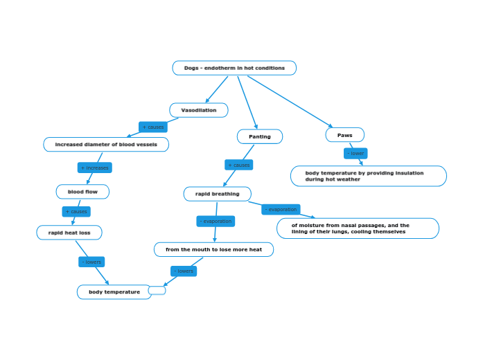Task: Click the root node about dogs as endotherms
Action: [234, 68]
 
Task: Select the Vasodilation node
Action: [199, 110]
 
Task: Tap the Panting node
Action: [260, 136]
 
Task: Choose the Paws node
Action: [344, 135]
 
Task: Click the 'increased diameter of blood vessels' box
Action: [106, 144]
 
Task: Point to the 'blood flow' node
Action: [82, 191]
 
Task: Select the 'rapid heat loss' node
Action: [69, 233]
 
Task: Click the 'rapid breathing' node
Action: [217, 194]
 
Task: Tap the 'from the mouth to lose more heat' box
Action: [213, 249]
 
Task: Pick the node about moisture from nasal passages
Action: [358, 228]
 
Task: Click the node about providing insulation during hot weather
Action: [368, 176]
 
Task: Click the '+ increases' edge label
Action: [94, 168]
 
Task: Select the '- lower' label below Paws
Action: [355, 153]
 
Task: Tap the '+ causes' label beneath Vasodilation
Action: [152, 127]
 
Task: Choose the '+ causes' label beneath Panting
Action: [239, 165]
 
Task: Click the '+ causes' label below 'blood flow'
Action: [76, 211]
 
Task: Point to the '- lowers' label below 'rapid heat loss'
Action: [91, 262]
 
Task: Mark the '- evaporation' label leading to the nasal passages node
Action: [281, 209]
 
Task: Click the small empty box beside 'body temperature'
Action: [157, 290]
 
